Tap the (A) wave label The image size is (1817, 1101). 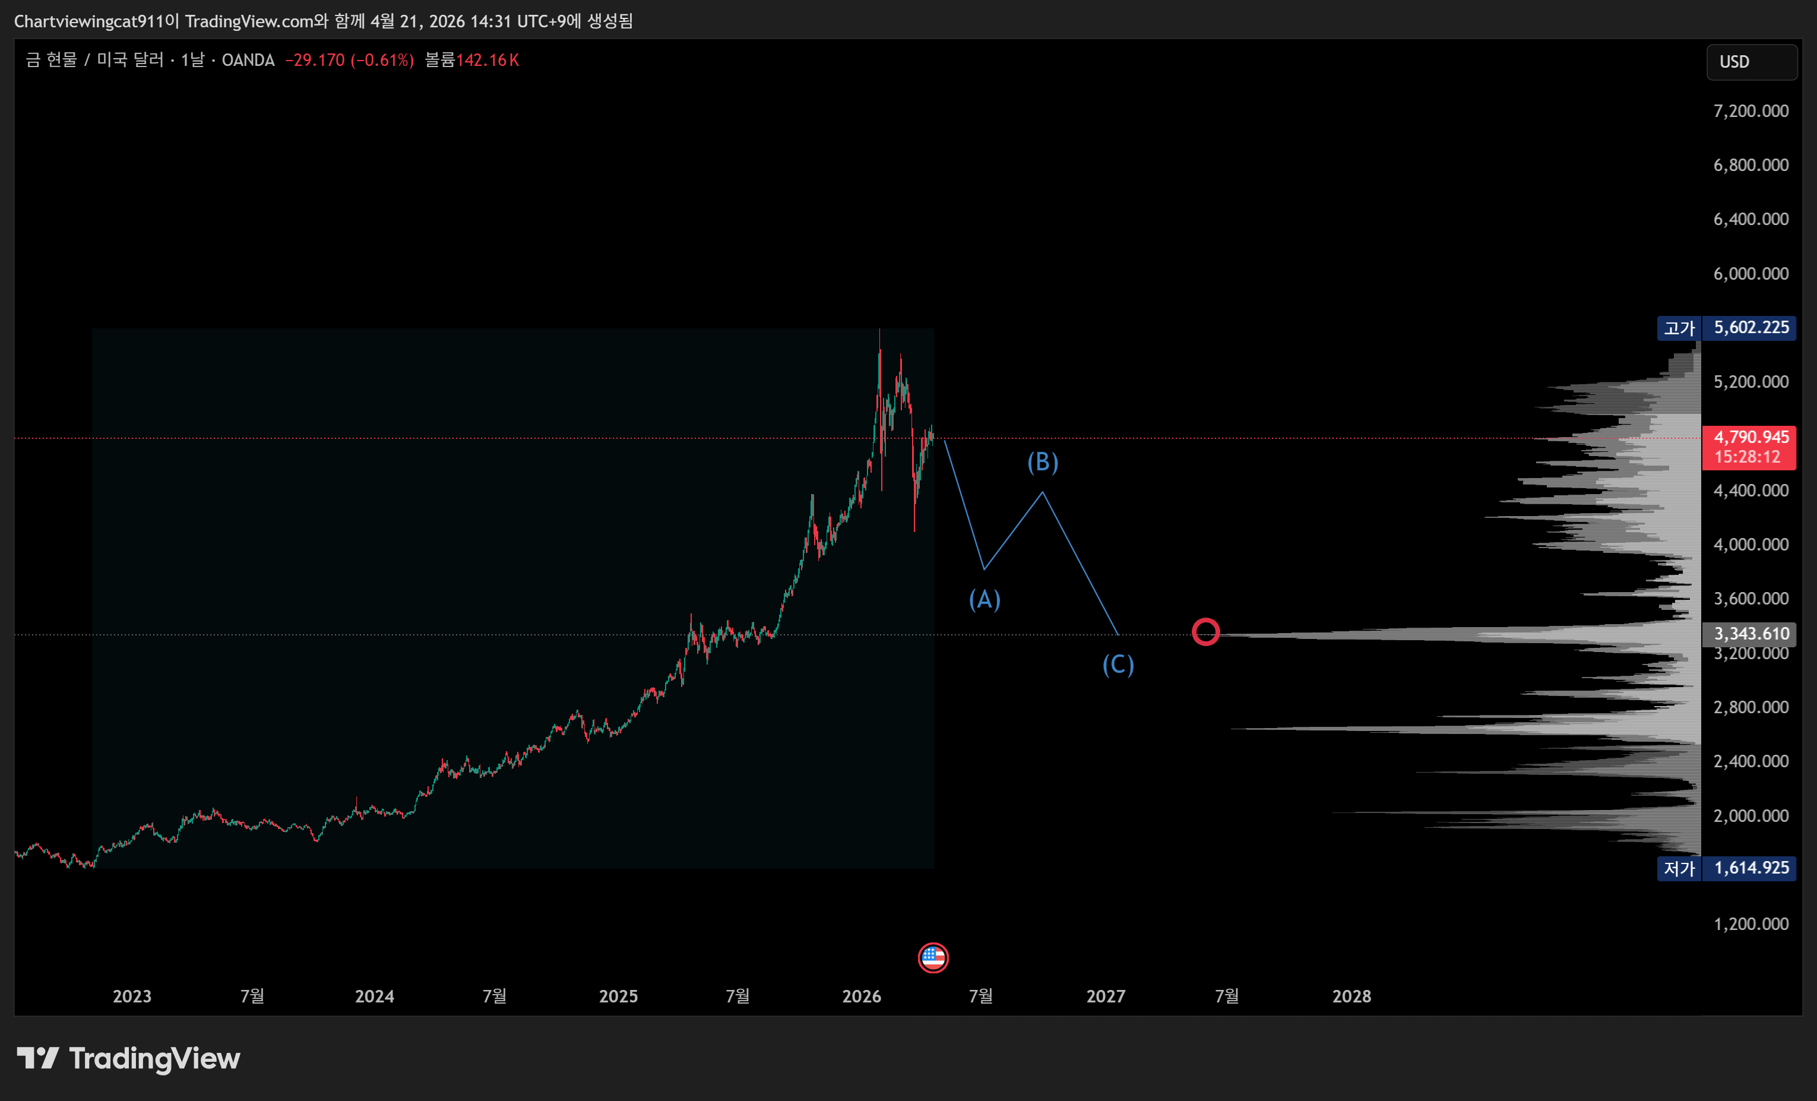[984, 600]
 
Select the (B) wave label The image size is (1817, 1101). [1042, 463]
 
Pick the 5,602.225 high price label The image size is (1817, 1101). [1750, 327]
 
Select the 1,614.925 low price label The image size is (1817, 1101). [1750, 868]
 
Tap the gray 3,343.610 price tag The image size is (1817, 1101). [1750, 634]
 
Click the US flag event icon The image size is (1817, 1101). [933, 958]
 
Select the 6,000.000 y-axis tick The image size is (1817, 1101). [1750, 274]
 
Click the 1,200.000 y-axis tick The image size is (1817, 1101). [1750, 924]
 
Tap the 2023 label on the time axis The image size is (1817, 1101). [132, 996]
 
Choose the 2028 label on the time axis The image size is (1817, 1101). [1351, 996]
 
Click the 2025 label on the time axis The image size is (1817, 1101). [618, 996]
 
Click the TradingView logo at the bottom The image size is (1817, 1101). [129, 1059]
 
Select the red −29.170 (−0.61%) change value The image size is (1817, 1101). [350, 61]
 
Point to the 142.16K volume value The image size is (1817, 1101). [488, 61]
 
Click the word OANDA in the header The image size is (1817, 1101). [248, 61]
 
